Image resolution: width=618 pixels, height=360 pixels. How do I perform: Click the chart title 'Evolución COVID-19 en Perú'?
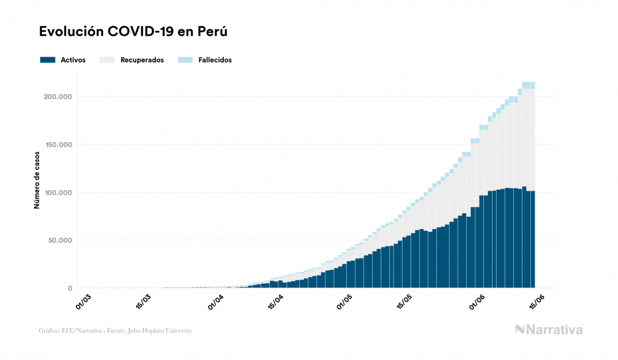tap(134, 32)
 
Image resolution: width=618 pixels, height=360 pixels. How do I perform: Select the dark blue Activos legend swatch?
tap(48, 60)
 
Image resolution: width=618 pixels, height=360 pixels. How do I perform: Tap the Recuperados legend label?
tap(142, 60)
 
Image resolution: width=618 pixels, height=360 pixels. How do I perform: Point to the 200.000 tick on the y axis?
tap(59, 97)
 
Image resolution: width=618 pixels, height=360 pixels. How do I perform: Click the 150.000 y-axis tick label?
tap(59, 144)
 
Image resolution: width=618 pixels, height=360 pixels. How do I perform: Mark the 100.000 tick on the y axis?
tap(59, 192)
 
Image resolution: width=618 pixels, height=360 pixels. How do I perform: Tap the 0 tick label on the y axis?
tap(70, 288)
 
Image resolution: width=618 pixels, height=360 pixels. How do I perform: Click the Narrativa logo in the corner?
tap(549, 330)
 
